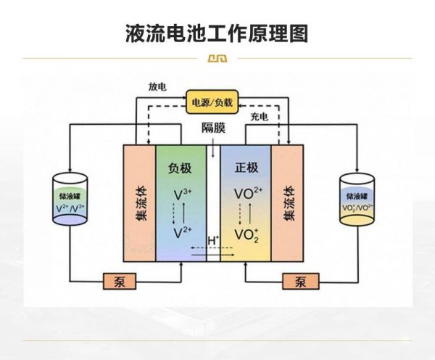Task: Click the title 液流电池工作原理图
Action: [217, 33]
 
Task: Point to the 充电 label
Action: [260, 116]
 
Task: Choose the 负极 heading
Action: [180, 168]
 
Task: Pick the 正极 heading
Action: [246, 168]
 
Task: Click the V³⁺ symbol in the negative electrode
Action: [182, 195]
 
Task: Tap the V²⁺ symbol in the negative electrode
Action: [182, 233]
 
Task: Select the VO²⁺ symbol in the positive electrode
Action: [249, 195]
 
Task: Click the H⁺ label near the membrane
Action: [213, 240]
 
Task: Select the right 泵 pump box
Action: [298, 281]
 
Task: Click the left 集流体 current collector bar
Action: [140, 203]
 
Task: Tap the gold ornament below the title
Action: [217, 59]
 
